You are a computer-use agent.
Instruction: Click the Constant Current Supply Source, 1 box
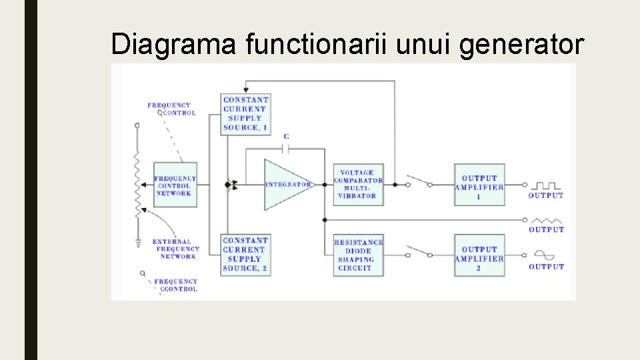pos(245,113)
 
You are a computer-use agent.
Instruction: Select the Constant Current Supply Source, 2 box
pos(245,254)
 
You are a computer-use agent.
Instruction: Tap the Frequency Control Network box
pos(175,185)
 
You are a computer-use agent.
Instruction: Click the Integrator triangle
pos(285,184)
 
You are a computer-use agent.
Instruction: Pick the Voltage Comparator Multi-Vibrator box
pos(358,184)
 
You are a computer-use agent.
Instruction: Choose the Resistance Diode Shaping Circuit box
pos(359,255)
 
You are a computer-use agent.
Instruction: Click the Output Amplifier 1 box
pos(479,184)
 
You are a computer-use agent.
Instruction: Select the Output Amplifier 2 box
pos(479,255)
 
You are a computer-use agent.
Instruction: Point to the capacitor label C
pos(286,137)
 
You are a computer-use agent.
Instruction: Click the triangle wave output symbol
pos(547,219)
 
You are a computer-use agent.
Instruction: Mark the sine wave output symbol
pos(545,255)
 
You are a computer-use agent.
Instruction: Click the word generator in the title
pos(532,45)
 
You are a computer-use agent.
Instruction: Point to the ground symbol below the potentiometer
pos(138,243)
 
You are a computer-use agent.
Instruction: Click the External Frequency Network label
pos(176,249)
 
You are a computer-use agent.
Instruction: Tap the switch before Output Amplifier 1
pos(419,181)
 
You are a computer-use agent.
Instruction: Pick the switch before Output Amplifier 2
pos(419,252)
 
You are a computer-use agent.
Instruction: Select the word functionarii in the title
pos(318,45)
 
